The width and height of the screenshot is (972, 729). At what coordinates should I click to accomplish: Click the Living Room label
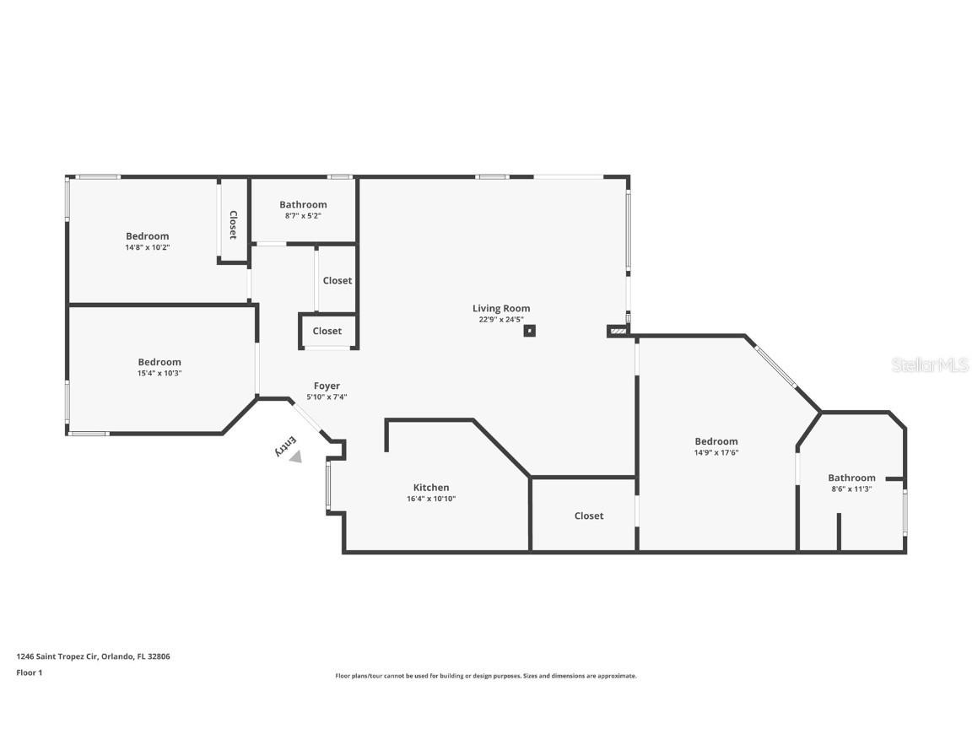[x=501, y=308]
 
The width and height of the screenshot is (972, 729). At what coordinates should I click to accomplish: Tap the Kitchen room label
[x=430, y=487]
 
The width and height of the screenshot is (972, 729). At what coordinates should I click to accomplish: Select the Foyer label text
[x=327, y=386]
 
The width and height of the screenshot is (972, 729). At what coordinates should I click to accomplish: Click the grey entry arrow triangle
[x=294, y=456]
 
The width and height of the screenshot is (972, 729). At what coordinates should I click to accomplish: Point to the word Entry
[x=286, y=445]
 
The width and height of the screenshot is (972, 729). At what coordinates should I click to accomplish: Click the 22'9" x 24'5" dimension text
[x=501, y=319]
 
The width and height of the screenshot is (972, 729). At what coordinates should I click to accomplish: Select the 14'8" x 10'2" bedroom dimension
[x=148, y=247]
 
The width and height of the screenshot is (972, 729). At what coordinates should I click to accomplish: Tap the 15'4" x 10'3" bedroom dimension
[x=159, y=373]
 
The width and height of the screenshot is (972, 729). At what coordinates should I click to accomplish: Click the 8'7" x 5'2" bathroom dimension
[x=303, y=216]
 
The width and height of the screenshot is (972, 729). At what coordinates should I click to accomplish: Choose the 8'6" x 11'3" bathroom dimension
[x=850, y=489]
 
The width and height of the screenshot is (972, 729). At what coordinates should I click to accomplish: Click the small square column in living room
[x=529, y=331]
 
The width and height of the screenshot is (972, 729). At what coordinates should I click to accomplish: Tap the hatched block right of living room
[x=618, y=332]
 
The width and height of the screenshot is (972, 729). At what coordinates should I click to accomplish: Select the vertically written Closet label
[x=233, y=224]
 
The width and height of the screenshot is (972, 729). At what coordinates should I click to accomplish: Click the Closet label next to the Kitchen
[x=588, y=516]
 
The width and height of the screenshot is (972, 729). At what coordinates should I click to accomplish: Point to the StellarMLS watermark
[x=929, y=364]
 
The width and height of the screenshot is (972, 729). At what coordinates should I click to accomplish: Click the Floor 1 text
[x=29, y=672]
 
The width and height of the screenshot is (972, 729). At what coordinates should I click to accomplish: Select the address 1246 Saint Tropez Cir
[x=93, y=656]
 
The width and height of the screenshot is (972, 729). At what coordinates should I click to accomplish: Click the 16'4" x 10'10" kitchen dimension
[x=430, y=499]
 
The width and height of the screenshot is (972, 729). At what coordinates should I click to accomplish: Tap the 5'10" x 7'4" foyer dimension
[x=327, y=397]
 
